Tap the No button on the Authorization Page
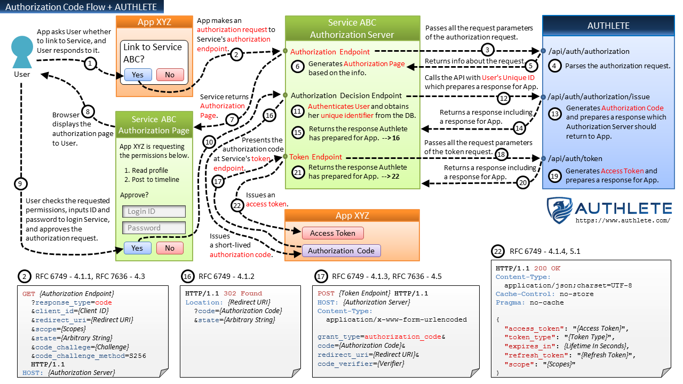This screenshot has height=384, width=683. tap(170, 248)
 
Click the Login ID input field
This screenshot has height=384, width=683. tap(154, 211)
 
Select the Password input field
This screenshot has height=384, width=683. tap(154, 228)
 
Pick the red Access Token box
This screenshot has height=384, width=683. tap(332, 233)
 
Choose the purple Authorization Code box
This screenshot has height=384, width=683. tap(341, 251)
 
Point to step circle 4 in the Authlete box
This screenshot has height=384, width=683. tap(554, 66)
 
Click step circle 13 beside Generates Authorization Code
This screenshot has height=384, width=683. tap(555, 113)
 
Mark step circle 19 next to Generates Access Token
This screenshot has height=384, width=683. tap(554, 175)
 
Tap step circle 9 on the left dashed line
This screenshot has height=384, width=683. tap(20, 183)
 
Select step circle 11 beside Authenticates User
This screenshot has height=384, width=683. tap(298, 111)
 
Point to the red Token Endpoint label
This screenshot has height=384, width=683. tap(315, 157)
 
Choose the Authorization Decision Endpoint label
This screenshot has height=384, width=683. tap(346, 96)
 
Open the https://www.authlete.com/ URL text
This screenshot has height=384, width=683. tap(622, 220)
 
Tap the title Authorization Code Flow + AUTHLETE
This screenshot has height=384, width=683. tap(81, 7)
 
